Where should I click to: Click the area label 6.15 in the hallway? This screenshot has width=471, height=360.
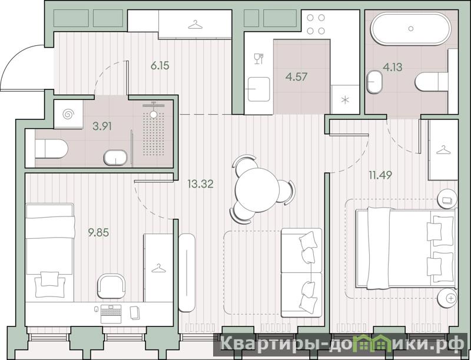point(160,65)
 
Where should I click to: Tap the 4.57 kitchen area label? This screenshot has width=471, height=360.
point(297,77)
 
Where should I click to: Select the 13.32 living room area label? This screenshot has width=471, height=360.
point(200,184)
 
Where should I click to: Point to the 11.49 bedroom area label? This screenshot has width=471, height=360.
point(380,174)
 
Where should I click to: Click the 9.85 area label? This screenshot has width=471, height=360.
point(98,232)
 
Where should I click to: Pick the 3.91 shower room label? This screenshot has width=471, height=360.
point(102,126)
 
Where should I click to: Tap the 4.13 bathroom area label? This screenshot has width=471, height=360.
point(392,66)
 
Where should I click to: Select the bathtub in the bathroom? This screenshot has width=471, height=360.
point(411,29)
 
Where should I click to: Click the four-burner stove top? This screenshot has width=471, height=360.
point(316,24)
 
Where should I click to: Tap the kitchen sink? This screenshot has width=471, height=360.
point(258,89)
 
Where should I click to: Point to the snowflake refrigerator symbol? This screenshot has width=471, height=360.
point(345,100)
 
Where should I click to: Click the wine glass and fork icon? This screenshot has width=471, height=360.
point(258,58)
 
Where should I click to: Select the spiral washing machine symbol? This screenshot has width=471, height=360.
point(68,114)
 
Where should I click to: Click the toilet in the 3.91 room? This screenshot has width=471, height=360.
point(51,149)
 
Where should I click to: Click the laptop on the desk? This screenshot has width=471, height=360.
point(111,314)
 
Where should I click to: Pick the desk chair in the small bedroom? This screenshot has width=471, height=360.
point(111,286)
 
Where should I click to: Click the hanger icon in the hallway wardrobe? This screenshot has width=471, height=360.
point(195,24)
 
